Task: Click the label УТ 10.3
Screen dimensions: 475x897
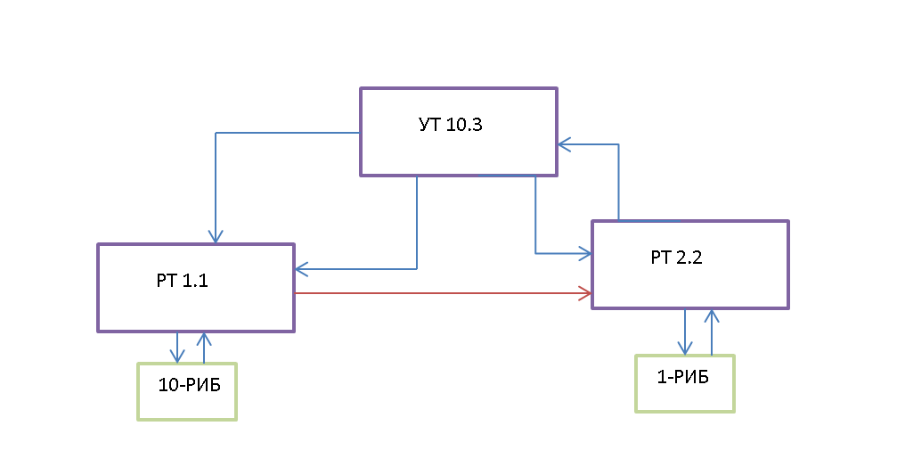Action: [x=450, y=125]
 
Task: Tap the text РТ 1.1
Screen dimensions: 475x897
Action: [x=182, y=281]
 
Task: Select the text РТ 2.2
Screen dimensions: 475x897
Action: [x=676, y=258]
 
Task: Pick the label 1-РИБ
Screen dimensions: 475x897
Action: [x=682, y=377]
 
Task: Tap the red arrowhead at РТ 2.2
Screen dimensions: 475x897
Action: [x=586, y=292]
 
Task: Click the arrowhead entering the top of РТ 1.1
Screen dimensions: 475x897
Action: [x=215, y=237]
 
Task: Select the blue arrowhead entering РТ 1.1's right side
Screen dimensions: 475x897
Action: [x=301, y=267]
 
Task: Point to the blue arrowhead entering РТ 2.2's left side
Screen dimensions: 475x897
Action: [x=586, y=254]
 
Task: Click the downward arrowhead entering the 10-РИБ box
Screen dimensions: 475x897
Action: [x=178, y=356]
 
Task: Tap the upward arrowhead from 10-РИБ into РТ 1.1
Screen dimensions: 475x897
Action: [x=204, y=339]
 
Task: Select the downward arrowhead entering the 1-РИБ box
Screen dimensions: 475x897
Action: [x=685, y=348]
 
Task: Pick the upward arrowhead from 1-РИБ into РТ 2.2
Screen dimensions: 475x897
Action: [x=711, y=315]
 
